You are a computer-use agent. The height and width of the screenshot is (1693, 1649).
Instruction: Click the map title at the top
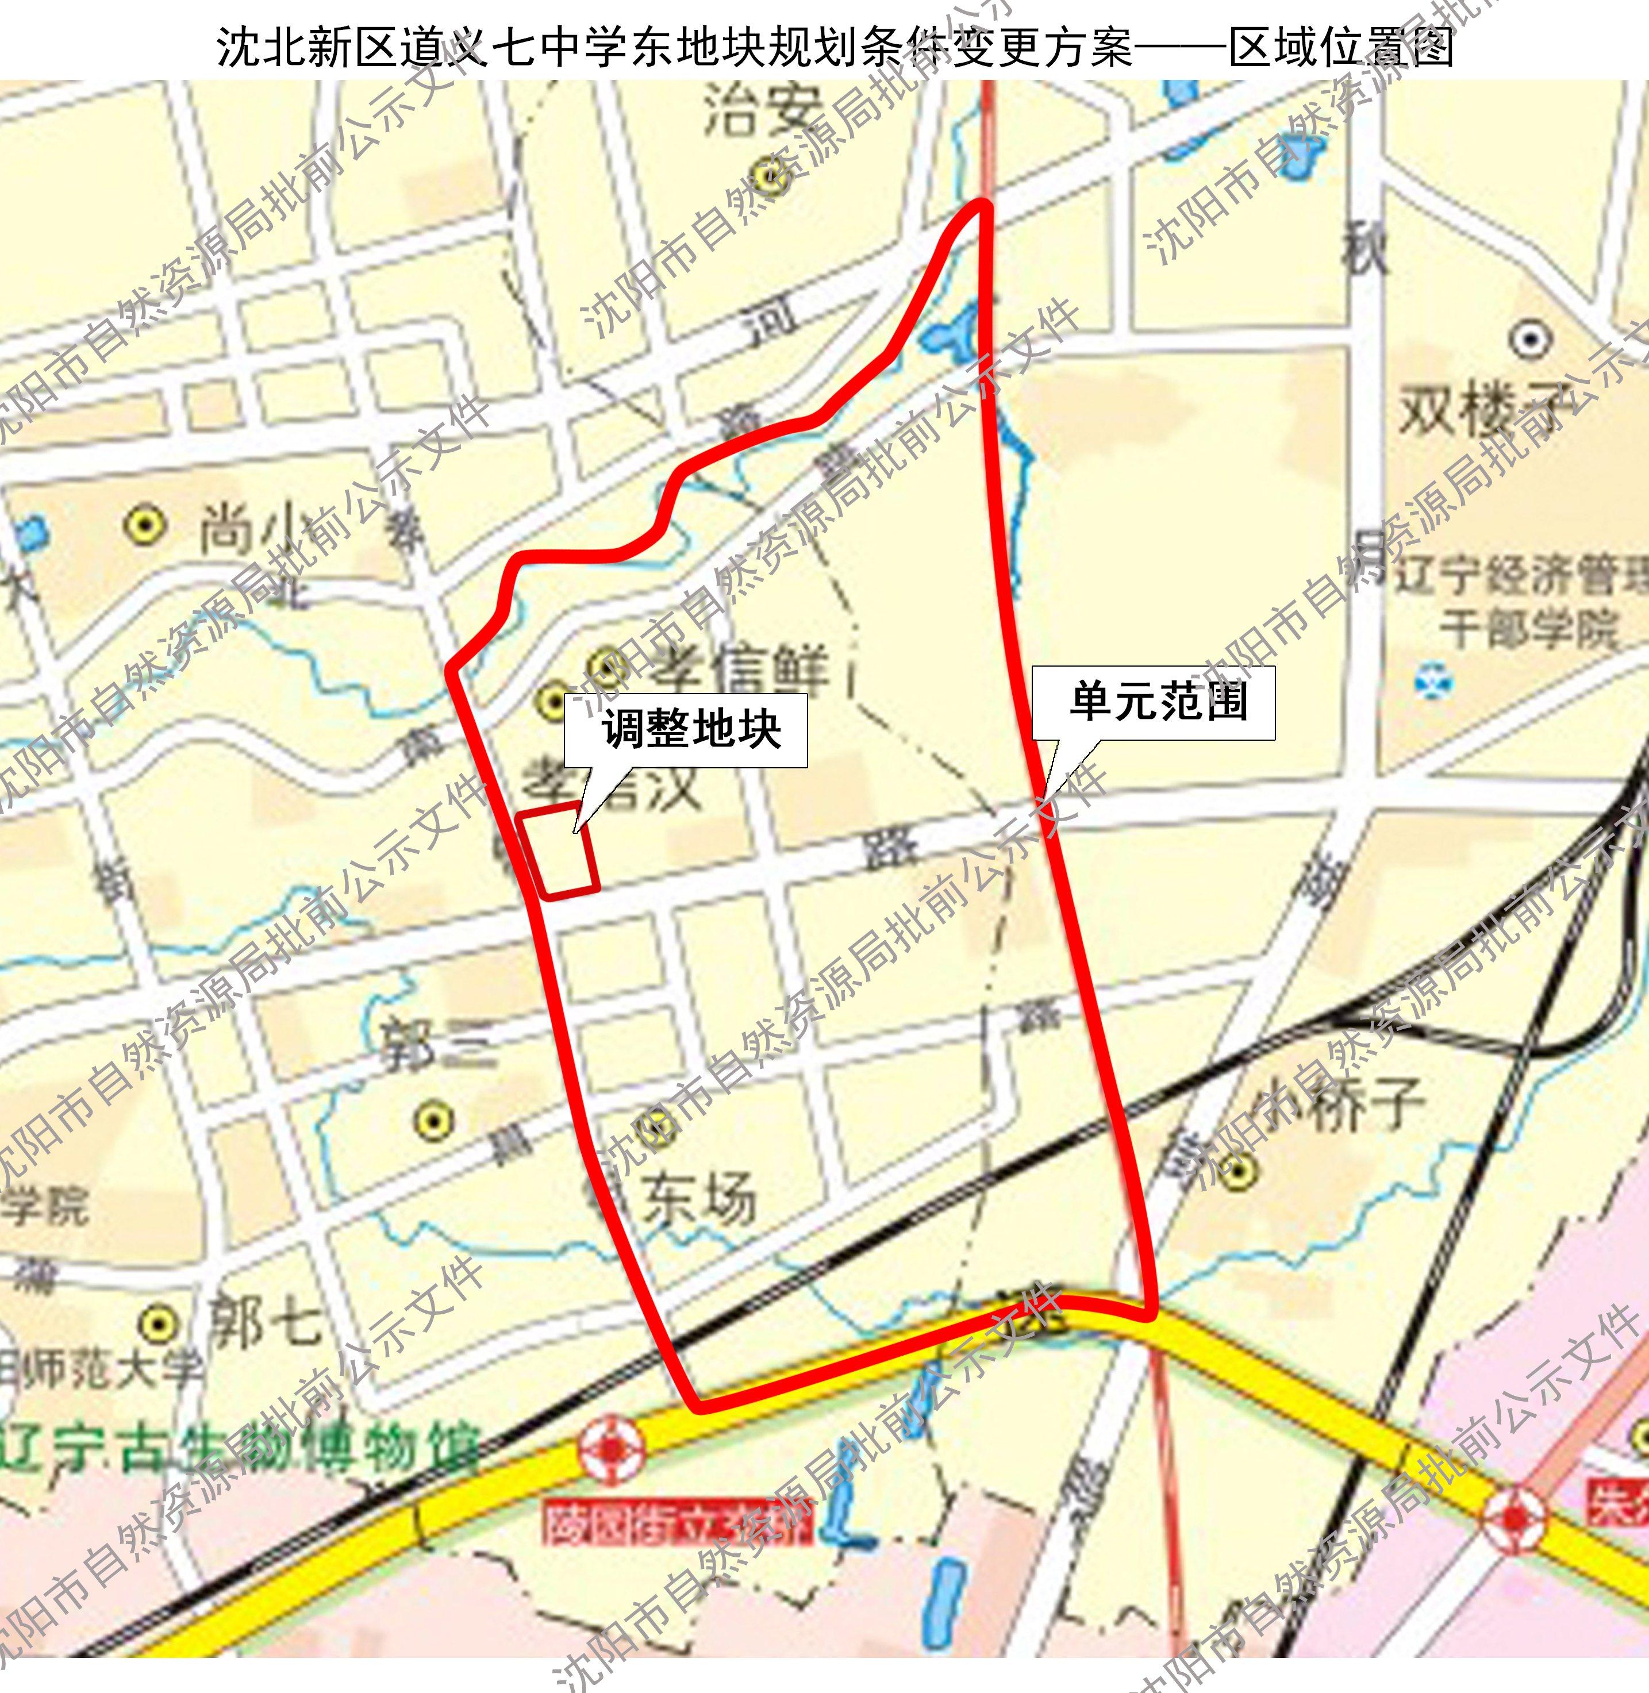click(x=834, y=47)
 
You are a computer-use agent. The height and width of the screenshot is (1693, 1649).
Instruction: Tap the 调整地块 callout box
click(x=686, y=730)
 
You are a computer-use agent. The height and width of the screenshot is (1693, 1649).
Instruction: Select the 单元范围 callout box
click(x=1153, y=702)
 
